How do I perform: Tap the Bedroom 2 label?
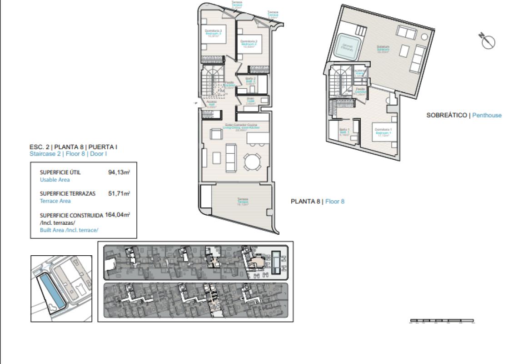[249, 43]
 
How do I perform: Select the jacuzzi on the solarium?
[348, 47]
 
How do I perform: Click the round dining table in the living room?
[253, 161]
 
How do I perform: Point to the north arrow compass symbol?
[488, 41]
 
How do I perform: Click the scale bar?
[442, 321]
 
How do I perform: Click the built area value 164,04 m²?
[117, 215]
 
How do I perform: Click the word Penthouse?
[487, 115]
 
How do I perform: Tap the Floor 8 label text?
[335, 201]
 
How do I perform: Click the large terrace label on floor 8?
[243, 201]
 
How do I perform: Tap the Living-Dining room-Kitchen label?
[242, 126]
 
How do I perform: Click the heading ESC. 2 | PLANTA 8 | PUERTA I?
[73, 147]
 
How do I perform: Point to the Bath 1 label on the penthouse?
[344, 131]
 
